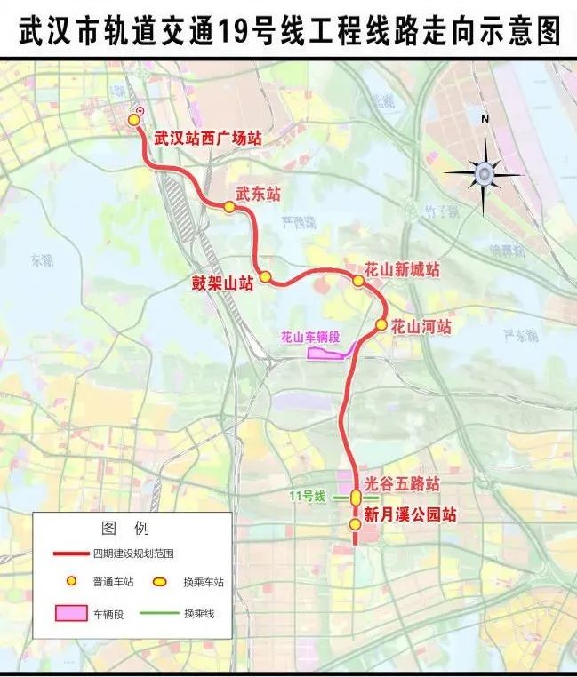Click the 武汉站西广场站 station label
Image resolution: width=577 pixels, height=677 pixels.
tap(207, 139)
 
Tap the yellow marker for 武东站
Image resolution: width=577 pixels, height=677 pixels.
tap(229, 207)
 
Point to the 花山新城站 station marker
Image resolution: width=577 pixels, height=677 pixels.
tap(358, 281)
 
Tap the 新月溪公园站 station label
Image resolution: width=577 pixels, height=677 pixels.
tap(411, 514)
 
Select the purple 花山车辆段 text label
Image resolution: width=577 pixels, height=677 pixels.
tap(309, 337)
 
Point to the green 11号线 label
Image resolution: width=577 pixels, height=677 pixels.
tap(309, 496)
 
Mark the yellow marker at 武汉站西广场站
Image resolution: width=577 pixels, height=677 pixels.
tap(135, 119)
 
